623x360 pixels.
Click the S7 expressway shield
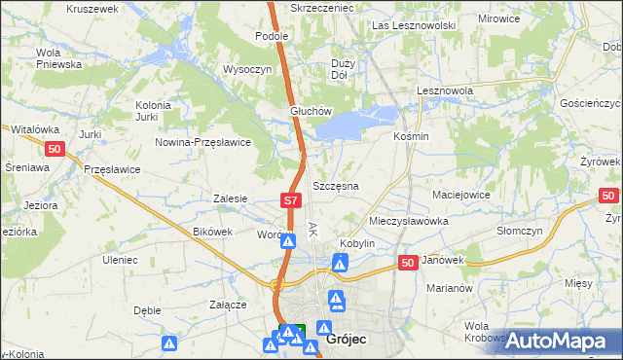pyautogui.click(x=290, y=200)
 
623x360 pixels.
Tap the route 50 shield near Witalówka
pyautogui.click(x=55, y=148)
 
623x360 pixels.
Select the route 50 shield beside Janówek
pyautogui.click(x=408, y=263)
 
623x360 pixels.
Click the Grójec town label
pyautogui.click(x=347, y=341)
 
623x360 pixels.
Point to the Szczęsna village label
pyautogui.click(x=336, y=185)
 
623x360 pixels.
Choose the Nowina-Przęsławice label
pyautogui.click(x=203, y=142)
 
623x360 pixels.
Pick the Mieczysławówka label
pyautogui.click(x=408, y=221)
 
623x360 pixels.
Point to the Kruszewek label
pyautogui.click(x=92, y=8)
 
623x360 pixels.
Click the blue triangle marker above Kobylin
pyautogui.click(x=340, y=262)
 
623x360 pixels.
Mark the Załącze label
pyautogui.click(x=227, y=305)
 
